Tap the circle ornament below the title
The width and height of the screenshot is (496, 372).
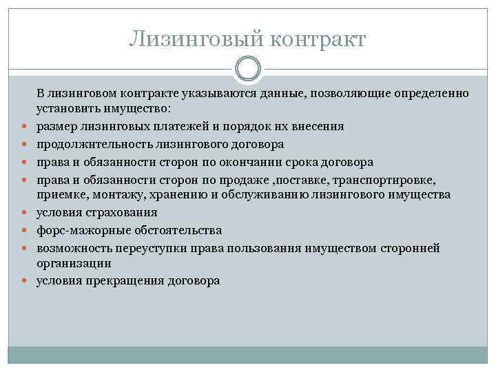247,70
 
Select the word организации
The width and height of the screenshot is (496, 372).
74,263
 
